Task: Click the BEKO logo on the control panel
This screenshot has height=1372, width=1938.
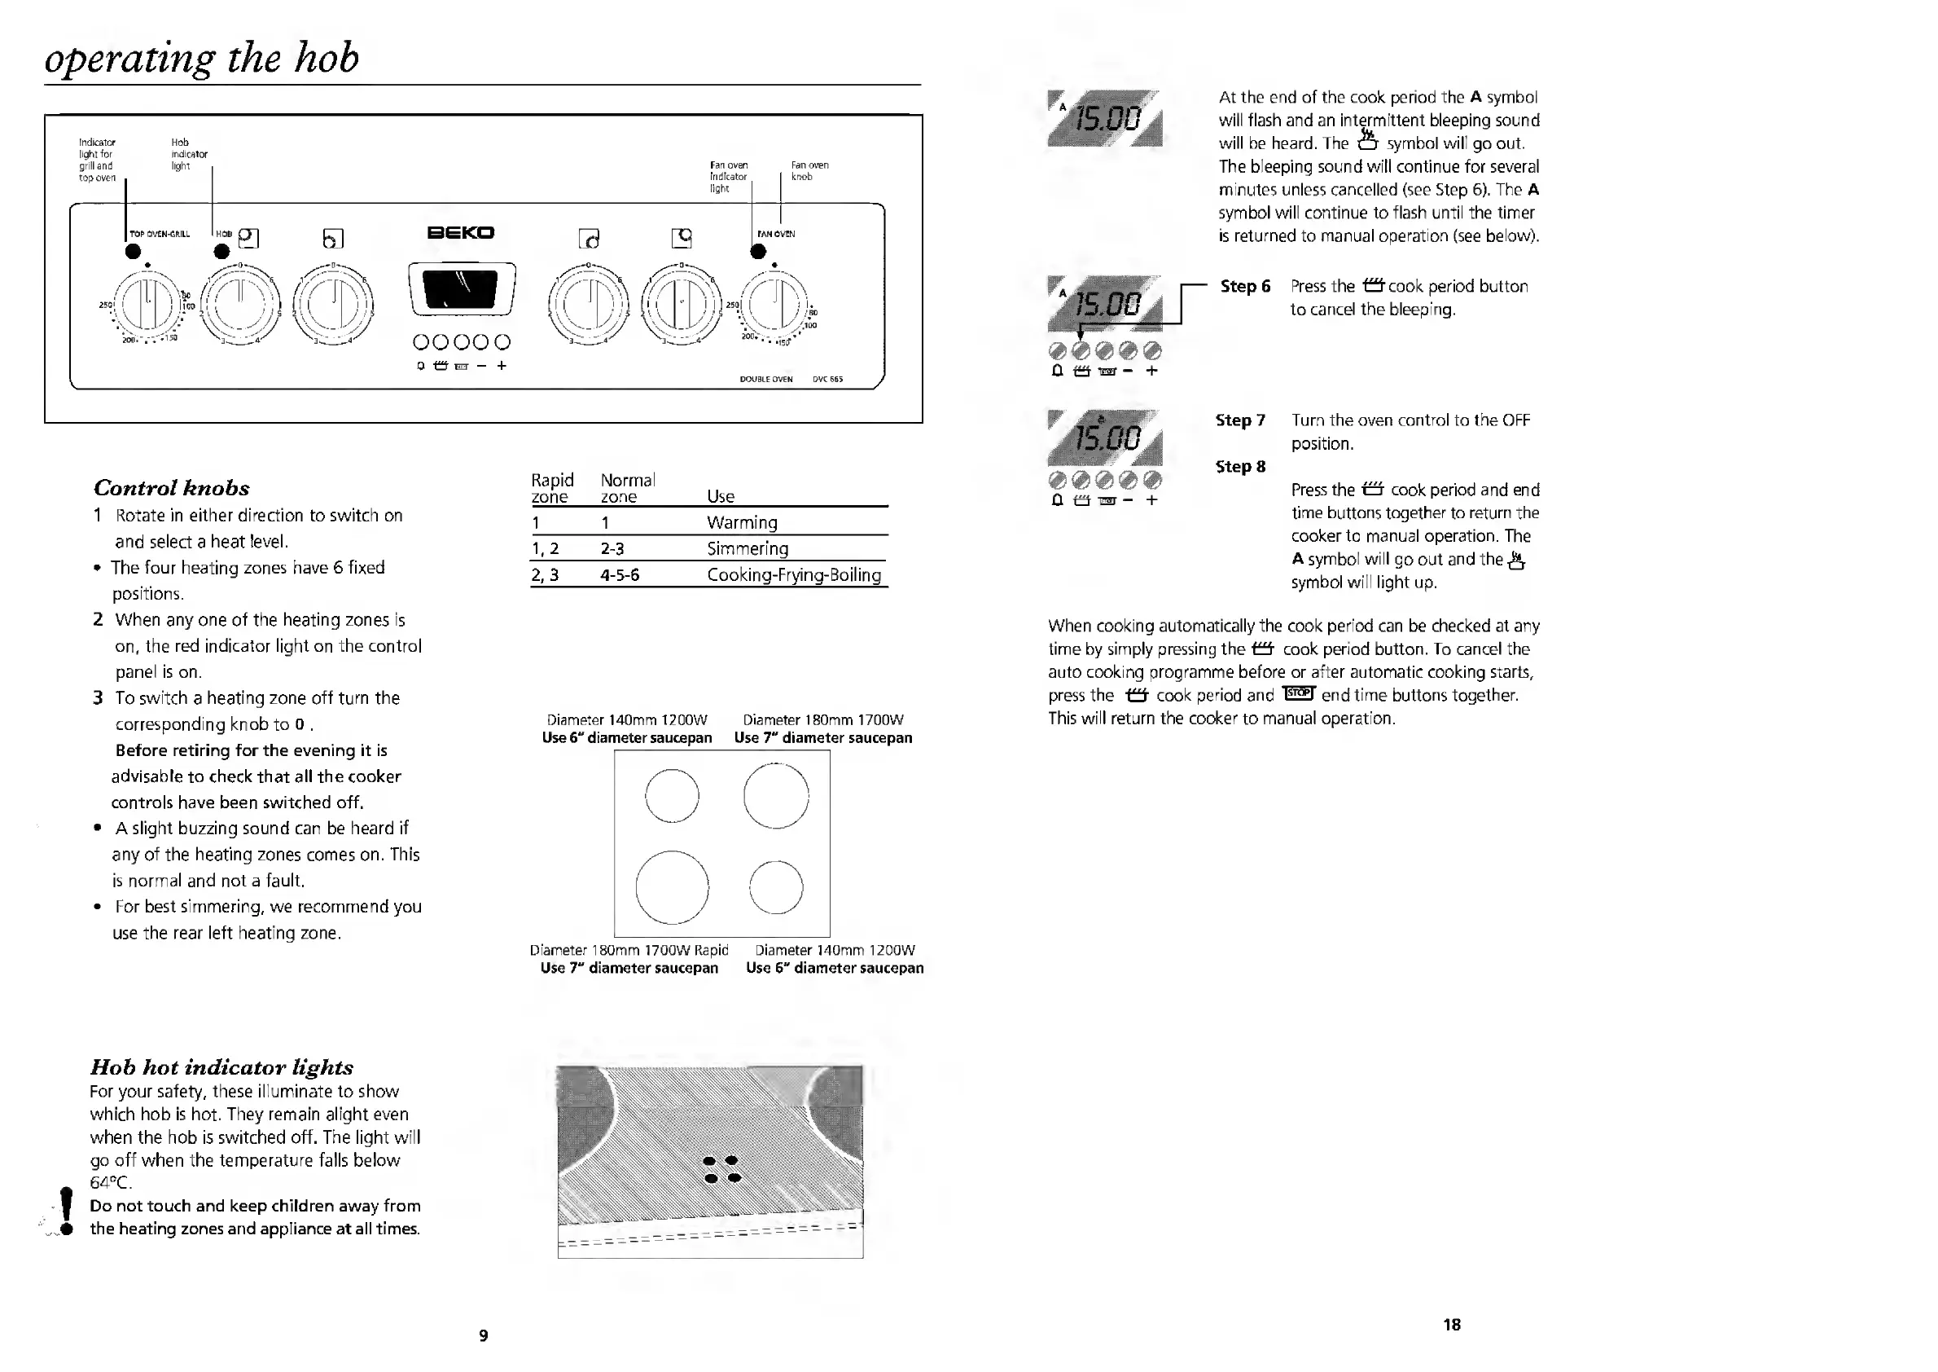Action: point(460,232)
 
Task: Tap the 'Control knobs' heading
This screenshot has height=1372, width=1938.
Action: point(172,487)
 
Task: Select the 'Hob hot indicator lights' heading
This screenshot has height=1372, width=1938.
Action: point(221,1067)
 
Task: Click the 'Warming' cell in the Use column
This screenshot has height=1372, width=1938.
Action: point(742,522)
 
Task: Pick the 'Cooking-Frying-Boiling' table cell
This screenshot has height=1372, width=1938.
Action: point(794,575)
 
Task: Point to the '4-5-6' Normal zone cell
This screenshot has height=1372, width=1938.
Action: point(619,575)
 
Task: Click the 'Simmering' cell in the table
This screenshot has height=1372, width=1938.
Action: point(748,548)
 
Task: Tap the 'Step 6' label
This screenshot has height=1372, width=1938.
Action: point(1245,287)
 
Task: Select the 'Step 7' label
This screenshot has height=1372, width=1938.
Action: point(1239,420)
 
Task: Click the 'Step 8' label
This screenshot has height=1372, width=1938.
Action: point(1239,466)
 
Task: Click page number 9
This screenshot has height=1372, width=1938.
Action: point(483,1335)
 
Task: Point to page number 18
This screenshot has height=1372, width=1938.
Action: point(1452,1325)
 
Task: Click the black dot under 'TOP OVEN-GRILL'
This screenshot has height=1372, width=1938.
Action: point(134,251)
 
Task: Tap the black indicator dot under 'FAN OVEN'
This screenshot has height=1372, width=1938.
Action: point(758,251)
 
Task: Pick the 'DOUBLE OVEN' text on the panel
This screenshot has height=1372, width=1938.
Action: point(766,380)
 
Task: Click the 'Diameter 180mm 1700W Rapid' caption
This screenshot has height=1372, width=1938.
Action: point(629,951)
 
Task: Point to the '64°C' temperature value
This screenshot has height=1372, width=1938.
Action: point(111,1183)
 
